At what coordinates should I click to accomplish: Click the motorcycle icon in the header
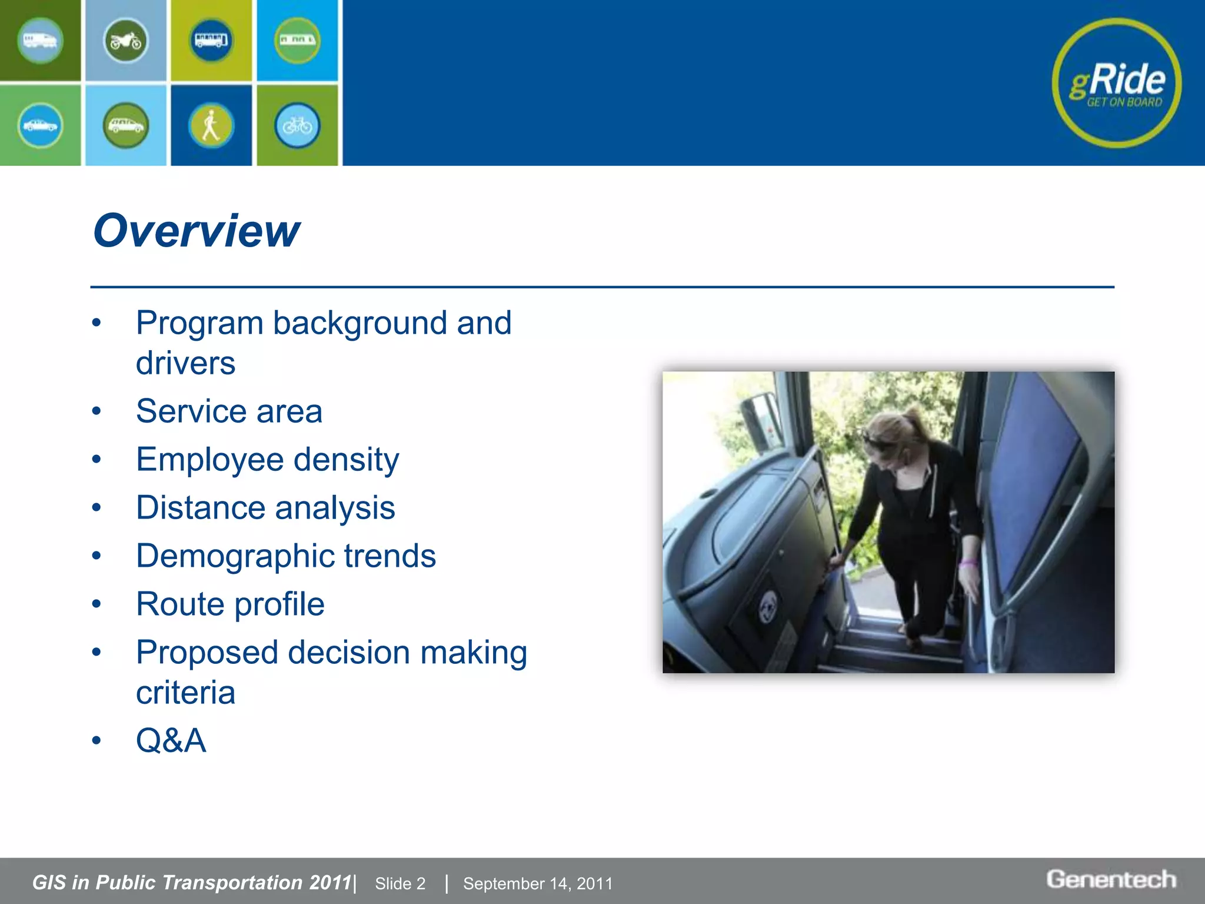point(126,41)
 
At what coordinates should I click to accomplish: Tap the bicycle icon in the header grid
point(297,125)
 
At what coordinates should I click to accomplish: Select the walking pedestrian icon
point(211,125)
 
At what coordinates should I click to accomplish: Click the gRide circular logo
point(1116,83)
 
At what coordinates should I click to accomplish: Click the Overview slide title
point(196,231)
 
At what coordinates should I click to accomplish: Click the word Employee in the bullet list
point(209,460)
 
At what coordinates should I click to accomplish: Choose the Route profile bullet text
point(230,604)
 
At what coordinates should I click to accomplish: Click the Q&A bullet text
point(171,740)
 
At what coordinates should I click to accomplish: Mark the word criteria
point(185,693)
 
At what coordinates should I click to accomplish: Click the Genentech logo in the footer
point(1111,879)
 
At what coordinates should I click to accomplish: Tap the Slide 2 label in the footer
point(400,883)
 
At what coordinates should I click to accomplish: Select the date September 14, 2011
point(538,883)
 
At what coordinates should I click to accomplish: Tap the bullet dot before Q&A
point(96,740)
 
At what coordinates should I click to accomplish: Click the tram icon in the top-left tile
point(40,41)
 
